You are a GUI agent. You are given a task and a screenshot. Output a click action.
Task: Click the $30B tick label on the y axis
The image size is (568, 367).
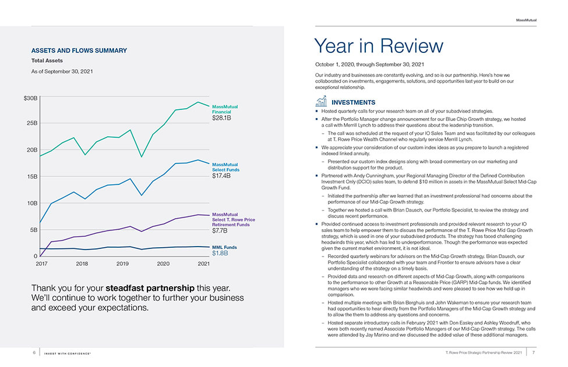coord(30,98)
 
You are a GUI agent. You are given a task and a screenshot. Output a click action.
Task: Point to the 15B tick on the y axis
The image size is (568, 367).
coord(32,176)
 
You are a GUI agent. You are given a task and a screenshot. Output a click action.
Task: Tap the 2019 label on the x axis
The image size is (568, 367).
coord(122,263)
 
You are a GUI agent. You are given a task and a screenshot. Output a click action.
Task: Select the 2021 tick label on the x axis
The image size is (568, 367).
coord(203,263)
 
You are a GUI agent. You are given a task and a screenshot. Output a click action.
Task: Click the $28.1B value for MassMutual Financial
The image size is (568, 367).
coord(222,118)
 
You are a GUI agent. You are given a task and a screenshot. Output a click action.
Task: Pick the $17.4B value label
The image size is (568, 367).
coord(221,176)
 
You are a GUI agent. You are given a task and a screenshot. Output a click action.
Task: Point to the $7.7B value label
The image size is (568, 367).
coord(220,230)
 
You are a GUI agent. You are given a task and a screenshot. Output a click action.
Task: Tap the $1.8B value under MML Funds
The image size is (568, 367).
coord(220,253)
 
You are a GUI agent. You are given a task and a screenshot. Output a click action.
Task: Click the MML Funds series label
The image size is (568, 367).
coord(224,247)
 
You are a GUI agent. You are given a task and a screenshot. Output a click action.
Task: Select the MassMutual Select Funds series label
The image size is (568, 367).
coord(225,167)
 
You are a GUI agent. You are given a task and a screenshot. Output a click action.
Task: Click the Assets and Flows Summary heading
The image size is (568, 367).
coord(79,51)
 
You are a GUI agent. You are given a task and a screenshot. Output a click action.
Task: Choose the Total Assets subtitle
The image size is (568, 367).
coord(47,60)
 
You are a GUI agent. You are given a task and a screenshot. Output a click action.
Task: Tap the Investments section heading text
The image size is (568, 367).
coord(354,102)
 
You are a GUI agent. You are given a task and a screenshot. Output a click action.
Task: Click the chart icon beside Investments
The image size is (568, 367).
coord(322,101)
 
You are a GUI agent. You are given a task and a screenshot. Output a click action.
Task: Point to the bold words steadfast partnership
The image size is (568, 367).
coord(150,288)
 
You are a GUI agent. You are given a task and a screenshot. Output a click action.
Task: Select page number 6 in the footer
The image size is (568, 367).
coord(34,352)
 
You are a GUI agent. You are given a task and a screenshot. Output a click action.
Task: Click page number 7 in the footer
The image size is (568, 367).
coord(533,352)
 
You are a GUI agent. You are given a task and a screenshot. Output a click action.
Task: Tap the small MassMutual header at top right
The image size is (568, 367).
coord(526,20)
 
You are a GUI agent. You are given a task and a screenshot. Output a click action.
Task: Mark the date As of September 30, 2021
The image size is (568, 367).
coord(62,72)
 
